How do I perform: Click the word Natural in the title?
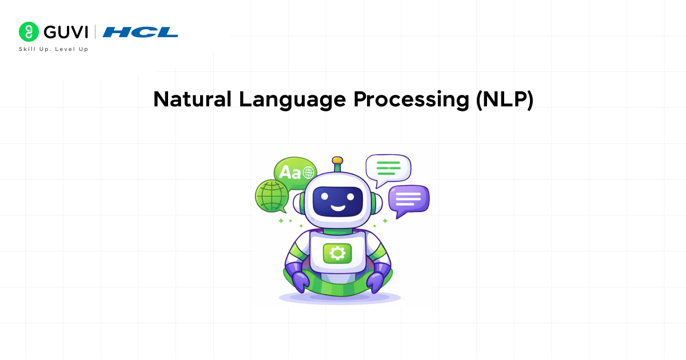click(x=192, y=99)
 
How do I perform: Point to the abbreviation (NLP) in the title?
click(x=504, y=100)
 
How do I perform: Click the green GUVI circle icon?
click(x=28, y=32)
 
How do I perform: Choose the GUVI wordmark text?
click(x=65, y=32)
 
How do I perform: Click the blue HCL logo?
click(x=141, y=32)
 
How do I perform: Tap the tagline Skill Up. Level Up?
click(x=54, y=49)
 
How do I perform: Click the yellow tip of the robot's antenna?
click(x=337, y=161)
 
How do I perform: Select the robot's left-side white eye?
click(x=324, y=196)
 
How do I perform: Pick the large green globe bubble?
click(x=270, y=197)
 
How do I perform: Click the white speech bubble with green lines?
click(x=388, y=168)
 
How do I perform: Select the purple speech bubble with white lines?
click(x=408, y=199)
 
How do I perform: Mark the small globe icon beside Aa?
click(x=309, y=171)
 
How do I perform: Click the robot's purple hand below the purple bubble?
click(x=376, y=281)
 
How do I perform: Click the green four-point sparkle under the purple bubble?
click(x=385, y=221)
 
